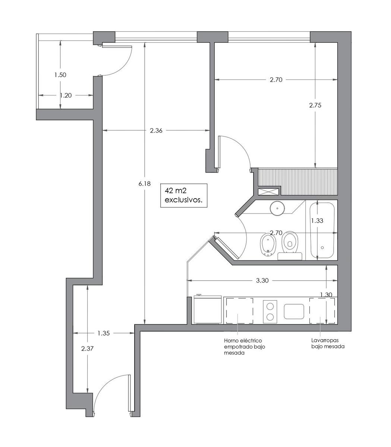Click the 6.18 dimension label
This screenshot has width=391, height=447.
click(145, 184)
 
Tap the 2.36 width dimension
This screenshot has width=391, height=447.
click(156, 130)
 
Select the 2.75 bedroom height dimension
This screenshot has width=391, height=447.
click(315, 105)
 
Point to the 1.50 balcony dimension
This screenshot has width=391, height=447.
click(60, 75)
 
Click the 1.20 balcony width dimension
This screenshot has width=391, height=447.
click(66, 95)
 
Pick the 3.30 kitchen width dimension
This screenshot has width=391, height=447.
click(262, 280)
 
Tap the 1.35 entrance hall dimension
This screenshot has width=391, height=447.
click(103, 333)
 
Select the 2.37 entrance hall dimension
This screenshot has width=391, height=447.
click(88, 348)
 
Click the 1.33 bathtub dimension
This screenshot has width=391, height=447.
click(317, 221)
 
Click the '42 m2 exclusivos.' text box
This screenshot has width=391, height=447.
click(184, 195)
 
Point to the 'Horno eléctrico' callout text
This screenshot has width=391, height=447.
click(243, 340)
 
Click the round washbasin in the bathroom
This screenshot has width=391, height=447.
click(277, 208)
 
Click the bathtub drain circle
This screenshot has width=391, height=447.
click(322, 248)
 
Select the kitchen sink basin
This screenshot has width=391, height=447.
click(294, 311)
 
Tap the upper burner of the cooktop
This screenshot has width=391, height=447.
click(270, 306)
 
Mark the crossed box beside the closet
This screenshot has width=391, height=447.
click(269, 191)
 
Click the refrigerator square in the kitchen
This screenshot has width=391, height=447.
click(208, 310)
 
